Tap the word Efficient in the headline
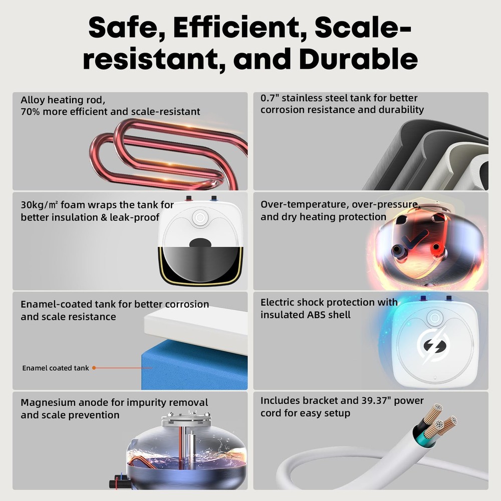coord(236,28)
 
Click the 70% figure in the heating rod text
coord(31,112)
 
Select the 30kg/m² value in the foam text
coord(39,204)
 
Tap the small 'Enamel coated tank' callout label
coord(55,368)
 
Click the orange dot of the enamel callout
coord(94,368)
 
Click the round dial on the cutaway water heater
coord(200,218)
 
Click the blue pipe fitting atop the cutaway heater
coord(214,198)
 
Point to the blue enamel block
coord(194,367)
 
